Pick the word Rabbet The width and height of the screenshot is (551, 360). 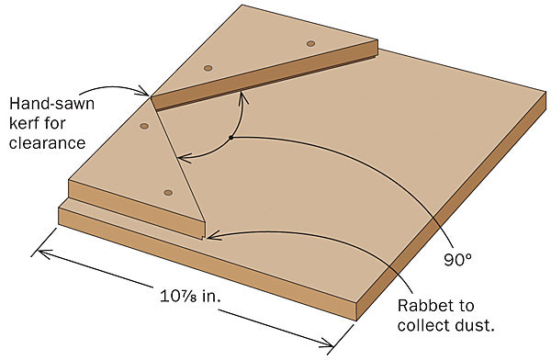coord(425,307)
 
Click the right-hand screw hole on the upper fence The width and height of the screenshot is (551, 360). coord(310,43)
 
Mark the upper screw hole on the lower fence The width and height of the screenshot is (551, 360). coord(143,126)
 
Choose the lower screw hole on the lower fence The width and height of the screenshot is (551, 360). coord(168,192)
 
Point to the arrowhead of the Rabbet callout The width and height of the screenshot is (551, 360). coord(211,236)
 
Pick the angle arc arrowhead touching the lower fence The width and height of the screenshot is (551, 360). coord(180,155)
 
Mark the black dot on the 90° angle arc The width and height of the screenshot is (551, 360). coord(231,138)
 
